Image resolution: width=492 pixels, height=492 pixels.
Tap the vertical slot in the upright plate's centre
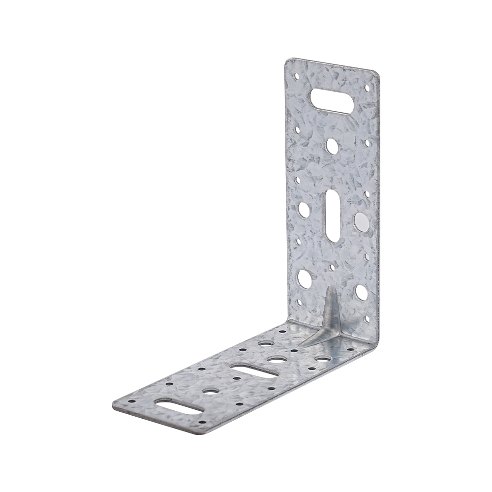pyautogui.click(x=333, y=215)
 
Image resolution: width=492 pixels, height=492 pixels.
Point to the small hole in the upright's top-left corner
pyautogui.click(x=297, y=77)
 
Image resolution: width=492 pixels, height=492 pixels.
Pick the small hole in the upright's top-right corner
pyautogui.click(x=367, y=88)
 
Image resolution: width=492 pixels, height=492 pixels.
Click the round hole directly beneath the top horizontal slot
pyautogui.click(x=332, y=145)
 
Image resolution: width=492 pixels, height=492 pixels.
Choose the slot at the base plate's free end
pyautogui.click(x=178, y=406)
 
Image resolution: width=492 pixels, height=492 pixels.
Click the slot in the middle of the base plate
pyautogui.click(x=253, y=370)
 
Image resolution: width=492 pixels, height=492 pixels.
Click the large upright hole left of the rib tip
pyautogui.click(x=305, y=279)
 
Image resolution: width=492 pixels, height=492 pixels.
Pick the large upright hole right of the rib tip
pyautogui.click(x=361, y=292)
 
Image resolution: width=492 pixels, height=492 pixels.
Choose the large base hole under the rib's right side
pyautogui.click(x=322, y=358)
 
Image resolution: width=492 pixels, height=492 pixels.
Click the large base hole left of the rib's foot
pyautogui.click(x=266, y=342)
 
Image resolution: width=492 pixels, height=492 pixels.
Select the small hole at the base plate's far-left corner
pyautogui.click(x=132, y=400)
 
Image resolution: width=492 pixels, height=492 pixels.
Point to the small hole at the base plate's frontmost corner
pyautogui.click(x=200, y=422)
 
